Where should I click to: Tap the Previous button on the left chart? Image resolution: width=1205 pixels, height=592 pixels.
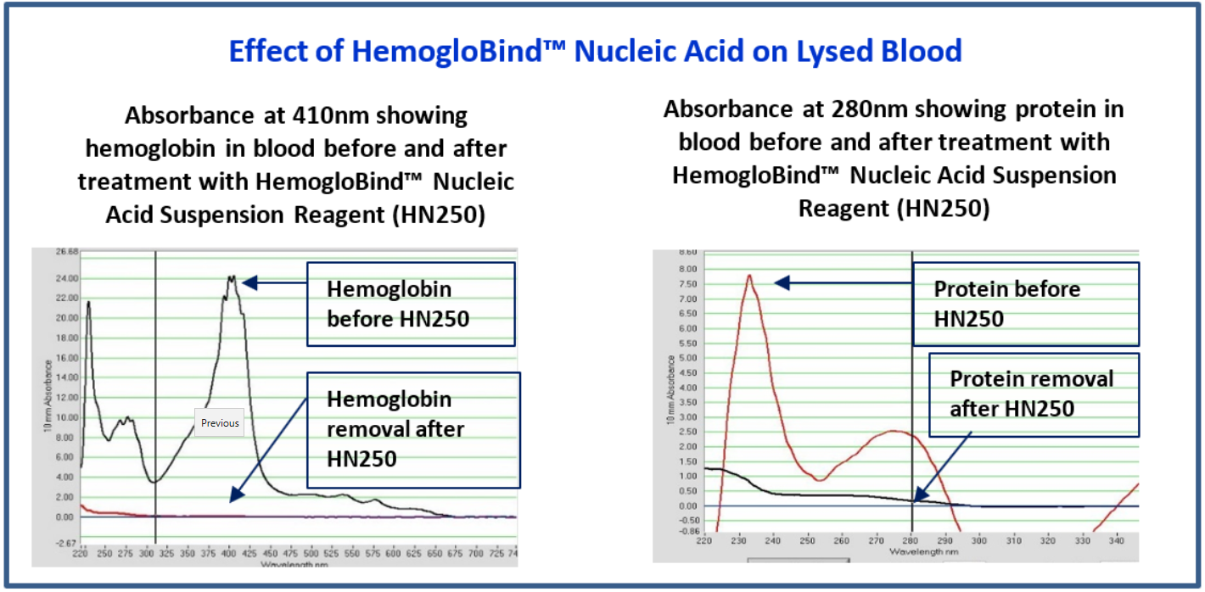[x=220, y=422]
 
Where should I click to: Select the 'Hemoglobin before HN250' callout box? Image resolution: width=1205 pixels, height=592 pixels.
[x=411, y=304]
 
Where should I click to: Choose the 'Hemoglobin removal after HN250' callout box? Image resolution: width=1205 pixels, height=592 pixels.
[x=412, y=429]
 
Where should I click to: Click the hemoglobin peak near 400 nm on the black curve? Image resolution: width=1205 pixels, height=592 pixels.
[x=230, y=278]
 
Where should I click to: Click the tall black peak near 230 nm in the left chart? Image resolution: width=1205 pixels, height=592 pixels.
[x=87, y=303]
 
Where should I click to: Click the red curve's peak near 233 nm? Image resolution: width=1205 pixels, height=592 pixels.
[x=749, y=276]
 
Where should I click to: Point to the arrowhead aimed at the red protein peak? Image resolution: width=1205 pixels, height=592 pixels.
[x=782, y=282]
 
